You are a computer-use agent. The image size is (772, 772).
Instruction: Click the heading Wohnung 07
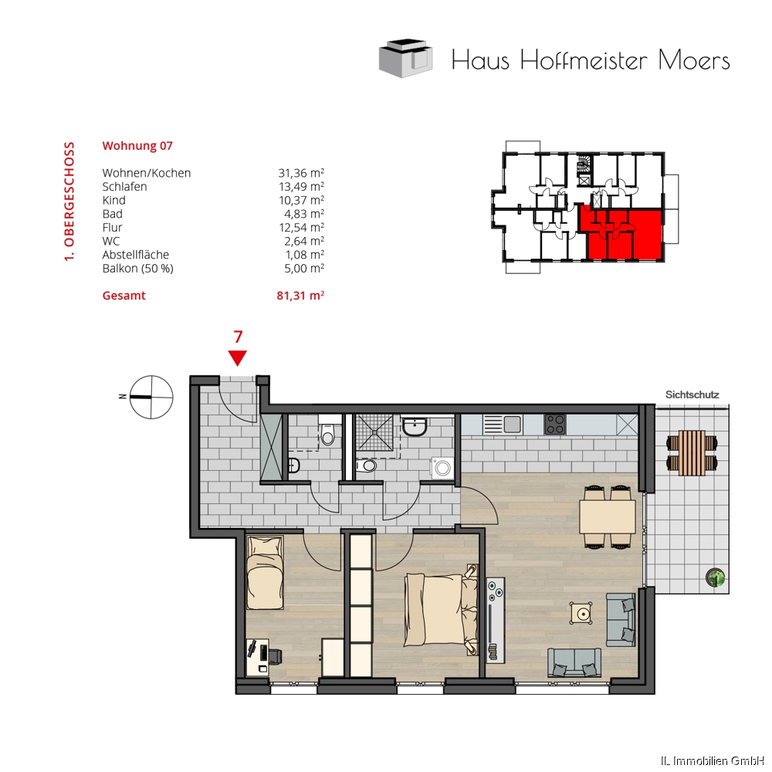coord(137,146)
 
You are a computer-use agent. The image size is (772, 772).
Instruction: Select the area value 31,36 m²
coord(301,173)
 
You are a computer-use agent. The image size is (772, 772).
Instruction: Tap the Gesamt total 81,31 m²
coord(300,296)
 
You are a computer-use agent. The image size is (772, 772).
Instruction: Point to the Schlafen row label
coord(124,187)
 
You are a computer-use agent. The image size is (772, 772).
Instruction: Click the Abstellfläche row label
coord(135,255)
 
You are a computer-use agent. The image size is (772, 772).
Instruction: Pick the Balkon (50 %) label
coord(138,269)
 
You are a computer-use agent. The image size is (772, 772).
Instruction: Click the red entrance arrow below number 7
coord(238,358)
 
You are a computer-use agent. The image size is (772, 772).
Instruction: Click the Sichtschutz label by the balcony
coord(692,394)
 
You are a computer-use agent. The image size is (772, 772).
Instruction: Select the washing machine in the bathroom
coord(442,467)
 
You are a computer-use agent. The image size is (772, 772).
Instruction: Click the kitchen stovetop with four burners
coord(555,425)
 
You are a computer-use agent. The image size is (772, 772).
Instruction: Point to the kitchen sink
coord(503,424)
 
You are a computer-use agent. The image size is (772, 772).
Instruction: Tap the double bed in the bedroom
coord(441,610)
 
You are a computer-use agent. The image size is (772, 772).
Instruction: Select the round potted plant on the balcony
coord(715,577)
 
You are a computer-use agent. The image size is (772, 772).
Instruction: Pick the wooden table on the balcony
coord(692,453)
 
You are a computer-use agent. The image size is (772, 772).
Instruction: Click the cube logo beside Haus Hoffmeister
coord(406,58)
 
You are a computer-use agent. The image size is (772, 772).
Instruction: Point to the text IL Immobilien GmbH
coord(716,761)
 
